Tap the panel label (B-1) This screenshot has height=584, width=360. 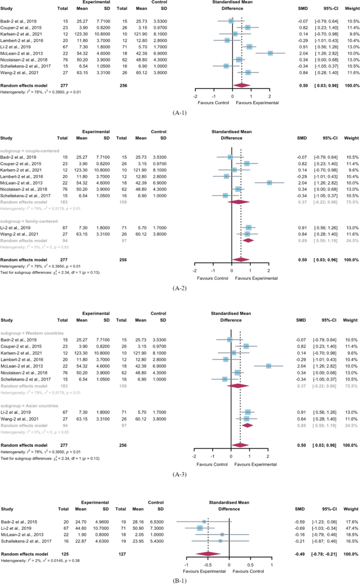click(180, 579)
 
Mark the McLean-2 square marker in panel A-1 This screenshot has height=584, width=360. click(270, 53)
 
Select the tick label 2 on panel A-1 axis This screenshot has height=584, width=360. click(270, 96)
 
